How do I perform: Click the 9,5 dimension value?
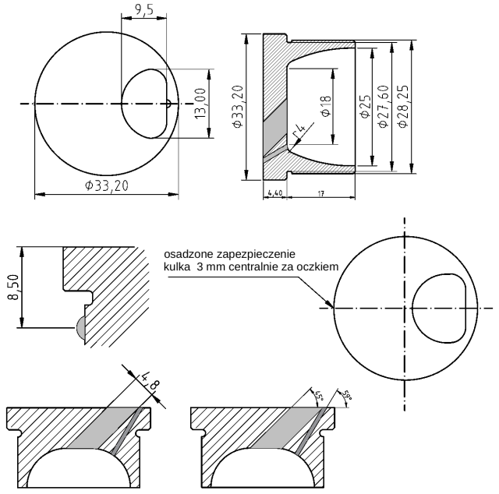click(x=143, y=9)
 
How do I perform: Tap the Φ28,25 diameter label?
click(x=402, y=104)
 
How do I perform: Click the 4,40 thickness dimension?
click(x=274, y=192)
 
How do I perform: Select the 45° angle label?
click(x=318, y=393)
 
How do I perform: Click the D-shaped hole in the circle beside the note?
click(x=440, y=309)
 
